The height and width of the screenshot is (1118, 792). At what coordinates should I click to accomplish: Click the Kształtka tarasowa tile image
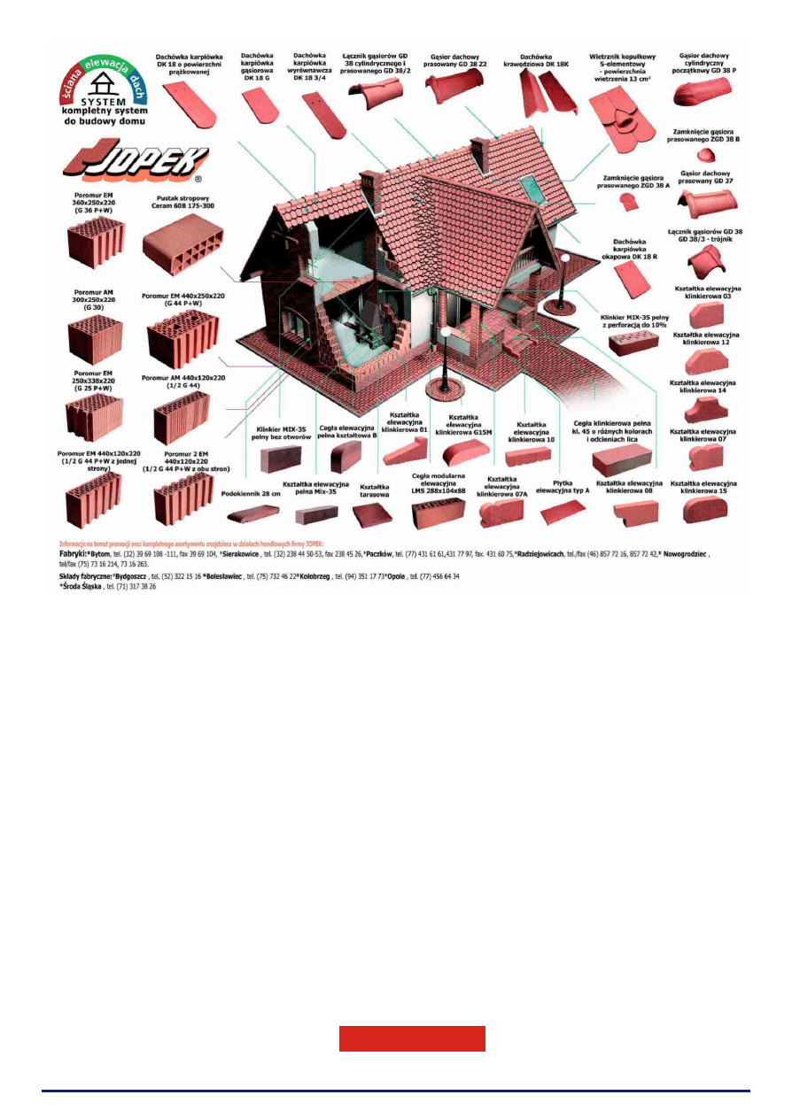[372, 514]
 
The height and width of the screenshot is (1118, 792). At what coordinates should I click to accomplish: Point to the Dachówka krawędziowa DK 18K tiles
[540, 95]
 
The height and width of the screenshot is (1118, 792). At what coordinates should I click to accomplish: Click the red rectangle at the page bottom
[412, 1038]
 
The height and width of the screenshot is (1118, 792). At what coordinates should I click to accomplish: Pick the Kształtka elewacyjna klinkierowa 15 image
[704, 509]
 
